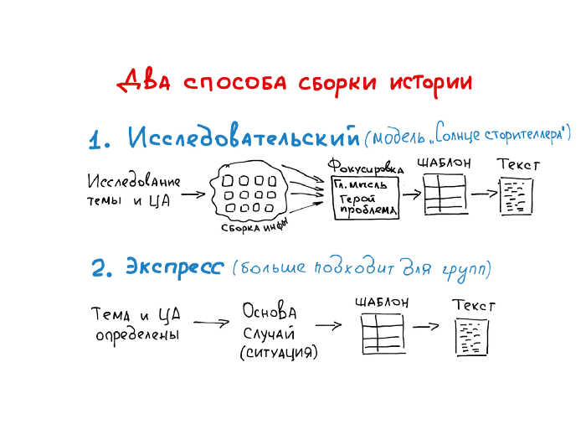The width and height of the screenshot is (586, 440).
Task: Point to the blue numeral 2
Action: click(101, 269)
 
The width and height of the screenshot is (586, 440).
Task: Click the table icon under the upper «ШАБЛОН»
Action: click(444, 197)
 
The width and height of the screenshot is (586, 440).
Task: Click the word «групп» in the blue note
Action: click(465, 269)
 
